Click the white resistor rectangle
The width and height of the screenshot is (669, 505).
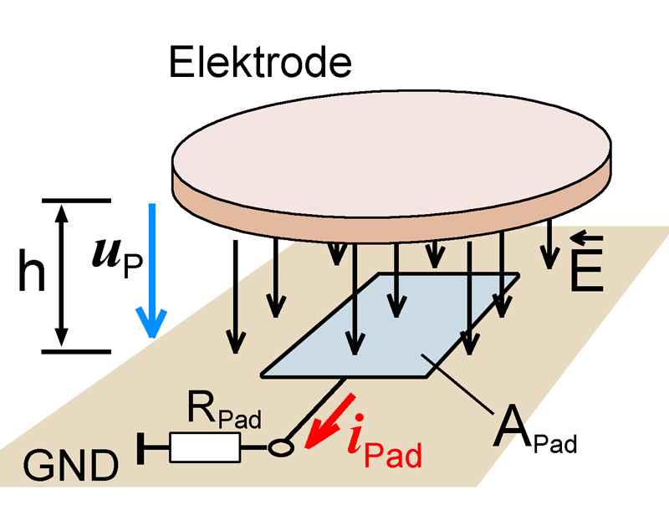click(206, 448)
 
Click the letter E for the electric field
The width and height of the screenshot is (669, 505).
click(585, 273)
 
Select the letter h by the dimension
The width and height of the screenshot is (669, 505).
click(32, 276)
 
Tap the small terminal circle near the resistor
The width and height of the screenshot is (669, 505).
click(282, 448)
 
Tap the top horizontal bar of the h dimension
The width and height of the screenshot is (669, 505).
click(75, 201)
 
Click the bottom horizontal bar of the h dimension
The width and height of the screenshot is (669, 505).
click(75, 351)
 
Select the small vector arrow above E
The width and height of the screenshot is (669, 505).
click(585, 239)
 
